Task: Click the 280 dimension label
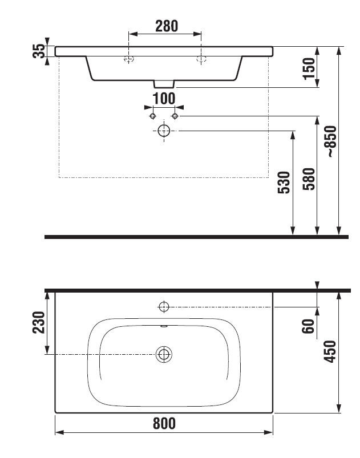click(x=167, y=26)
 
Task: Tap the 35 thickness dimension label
click(x=39, y=51)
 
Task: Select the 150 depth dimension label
click(x=309, y=68)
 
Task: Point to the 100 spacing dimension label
click(x=164, y=99)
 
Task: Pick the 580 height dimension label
click(x=309, y=179)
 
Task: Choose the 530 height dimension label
click(x=284, y=183)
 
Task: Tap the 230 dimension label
click(x=39, y=322)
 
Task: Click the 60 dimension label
click(x=308, y=326)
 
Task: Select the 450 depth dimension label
click(x=330, y=351)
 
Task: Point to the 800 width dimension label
click(x=164, y=424)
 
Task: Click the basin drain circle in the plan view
click(x=164, y=354)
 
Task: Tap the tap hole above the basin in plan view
click(x=164, y=307)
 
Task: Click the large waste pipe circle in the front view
click(x=164, y=131)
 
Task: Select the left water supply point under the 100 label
click(x=152, y=116)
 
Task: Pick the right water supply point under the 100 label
click(x=175, y=116)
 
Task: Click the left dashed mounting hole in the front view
click(x=128, y=59)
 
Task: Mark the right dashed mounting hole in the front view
click(x=201, y=59)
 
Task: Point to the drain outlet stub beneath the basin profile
click(x=164, y=84)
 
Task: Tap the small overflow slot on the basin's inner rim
click(x=164, y=327)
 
